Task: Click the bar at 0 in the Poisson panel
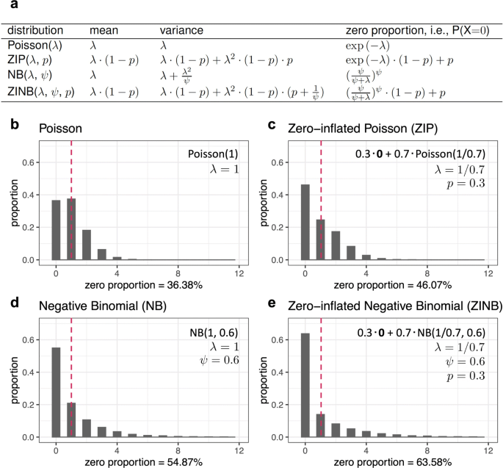pyautogui.click(x=55, y=230)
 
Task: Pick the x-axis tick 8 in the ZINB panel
pyautogui.click(x=431, y=449)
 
